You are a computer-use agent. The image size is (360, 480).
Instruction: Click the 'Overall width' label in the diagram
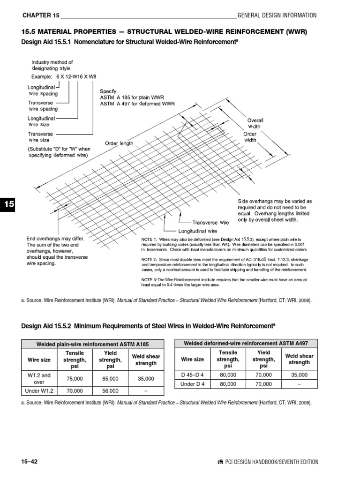click(255, 123)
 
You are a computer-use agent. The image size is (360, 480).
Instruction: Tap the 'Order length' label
click(119, 143)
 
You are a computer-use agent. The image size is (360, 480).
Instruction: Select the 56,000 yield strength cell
click(110, 390)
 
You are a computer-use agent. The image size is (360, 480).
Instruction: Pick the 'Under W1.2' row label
click(40, 390)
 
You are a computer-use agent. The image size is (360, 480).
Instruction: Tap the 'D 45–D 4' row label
click(192, 375)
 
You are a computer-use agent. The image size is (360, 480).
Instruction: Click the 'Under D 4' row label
click(192, 384)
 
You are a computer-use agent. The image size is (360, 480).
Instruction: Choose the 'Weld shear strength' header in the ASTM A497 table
click(299, 359)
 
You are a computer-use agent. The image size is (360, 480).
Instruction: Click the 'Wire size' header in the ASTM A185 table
click(40, 360)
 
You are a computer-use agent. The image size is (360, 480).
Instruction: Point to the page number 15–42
click(30, 462)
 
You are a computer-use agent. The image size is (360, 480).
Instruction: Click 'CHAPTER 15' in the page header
click(41, 15)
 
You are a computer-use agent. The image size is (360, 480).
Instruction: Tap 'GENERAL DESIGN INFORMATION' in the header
click(277, 15)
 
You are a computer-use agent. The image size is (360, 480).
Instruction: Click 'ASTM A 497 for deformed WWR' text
click(137, 104)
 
